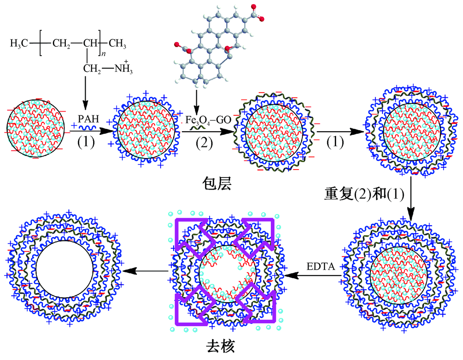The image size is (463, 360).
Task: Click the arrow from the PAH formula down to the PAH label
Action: pyautogui.click(x=86, y=95)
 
